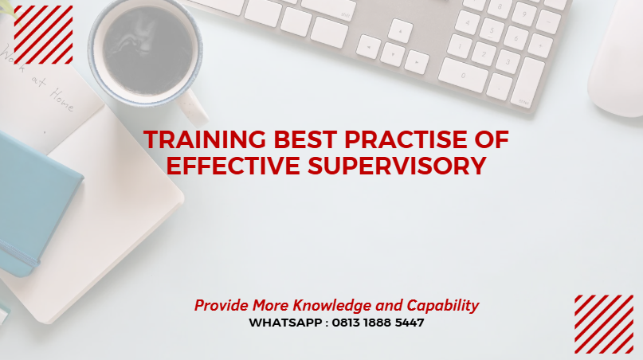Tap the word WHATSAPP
click(x=284, y=323)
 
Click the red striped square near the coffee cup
click(x=43, y=34)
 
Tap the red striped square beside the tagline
click(x=603, y=323)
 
